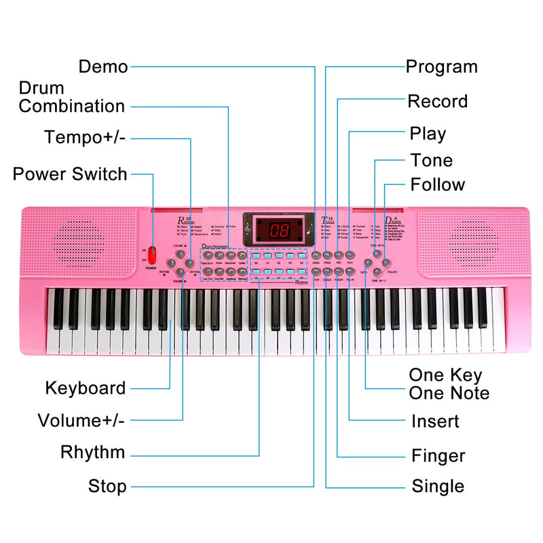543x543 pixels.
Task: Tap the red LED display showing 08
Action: (279, 229)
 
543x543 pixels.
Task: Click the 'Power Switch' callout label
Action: (70, 174)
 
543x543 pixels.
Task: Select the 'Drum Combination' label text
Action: (71, 97)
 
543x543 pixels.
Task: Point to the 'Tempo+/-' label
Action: (85, 138)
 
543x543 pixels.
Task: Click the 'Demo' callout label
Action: (103, 67)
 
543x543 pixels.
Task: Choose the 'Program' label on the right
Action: (441, 67)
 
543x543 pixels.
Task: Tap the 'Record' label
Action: (437, 102)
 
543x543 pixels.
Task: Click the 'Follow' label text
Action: (438, 185)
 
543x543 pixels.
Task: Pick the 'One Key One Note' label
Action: (449, 384)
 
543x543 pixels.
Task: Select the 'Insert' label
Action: (435, 422)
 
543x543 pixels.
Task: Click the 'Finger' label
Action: (438, 455)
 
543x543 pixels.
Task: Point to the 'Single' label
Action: (438, 486)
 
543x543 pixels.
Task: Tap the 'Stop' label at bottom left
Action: (107, 486)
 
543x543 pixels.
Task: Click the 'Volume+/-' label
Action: (81, 420)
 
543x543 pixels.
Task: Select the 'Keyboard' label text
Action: (86, 388)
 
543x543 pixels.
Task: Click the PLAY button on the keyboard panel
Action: (350, 254)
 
